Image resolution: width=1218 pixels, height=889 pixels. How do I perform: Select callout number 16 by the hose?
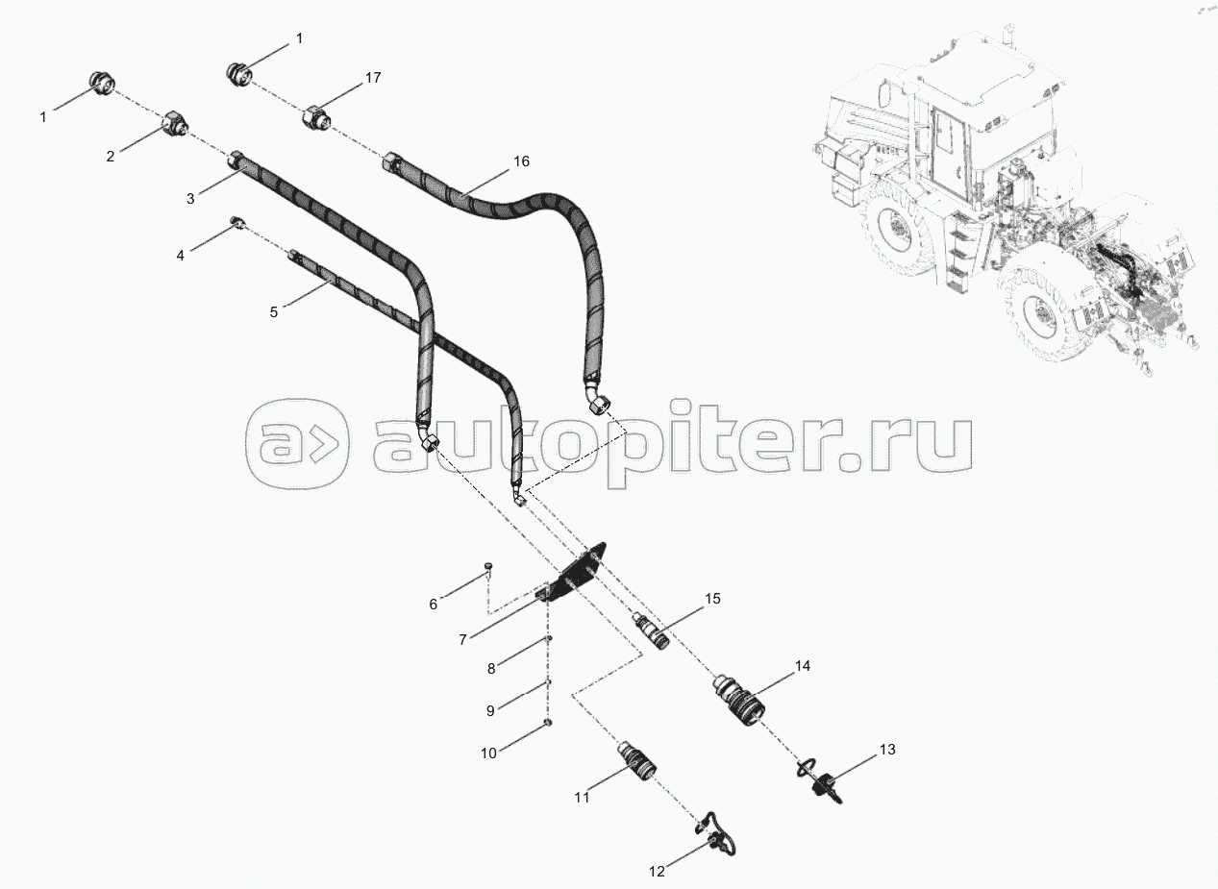(x=520, y=161)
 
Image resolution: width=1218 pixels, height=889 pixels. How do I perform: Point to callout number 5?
(x=274, y=312)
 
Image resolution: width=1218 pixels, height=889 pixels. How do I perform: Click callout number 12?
(x=657, y=872)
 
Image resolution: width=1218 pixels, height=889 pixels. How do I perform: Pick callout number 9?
(x=490, y=710)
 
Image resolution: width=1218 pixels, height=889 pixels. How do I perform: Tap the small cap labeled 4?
(x=236, y=225)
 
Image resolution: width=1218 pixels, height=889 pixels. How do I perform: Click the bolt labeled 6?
(x=488, y=569)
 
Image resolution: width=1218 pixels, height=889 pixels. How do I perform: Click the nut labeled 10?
(x=547, y=722)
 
